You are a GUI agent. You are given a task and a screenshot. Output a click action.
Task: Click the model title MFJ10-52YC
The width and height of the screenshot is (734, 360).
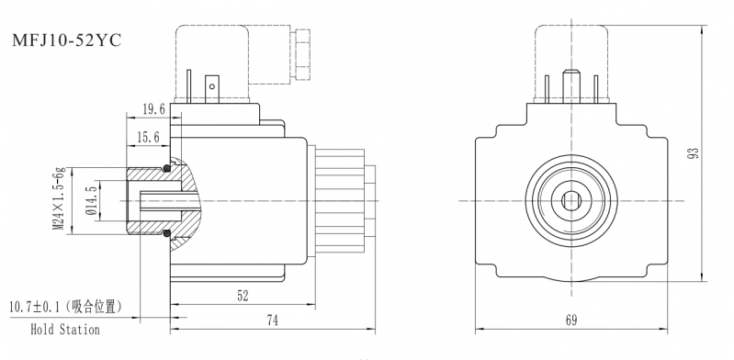[x=66, y=40]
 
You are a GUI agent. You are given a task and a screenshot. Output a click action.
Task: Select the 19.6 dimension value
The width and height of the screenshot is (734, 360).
[x=154, y=110]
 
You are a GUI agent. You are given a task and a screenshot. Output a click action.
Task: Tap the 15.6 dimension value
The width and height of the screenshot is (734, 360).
[x=148, y=138]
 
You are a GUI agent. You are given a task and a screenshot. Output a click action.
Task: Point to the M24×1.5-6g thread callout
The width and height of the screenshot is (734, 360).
[x=59, y=199]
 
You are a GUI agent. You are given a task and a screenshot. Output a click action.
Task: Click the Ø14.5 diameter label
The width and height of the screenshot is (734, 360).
[x=92, y=201]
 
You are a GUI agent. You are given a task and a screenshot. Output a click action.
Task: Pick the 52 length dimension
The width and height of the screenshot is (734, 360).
[x=243, y=296]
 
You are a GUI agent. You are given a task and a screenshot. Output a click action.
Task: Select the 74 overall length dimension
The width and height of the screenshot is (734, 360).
[x=273, y=321]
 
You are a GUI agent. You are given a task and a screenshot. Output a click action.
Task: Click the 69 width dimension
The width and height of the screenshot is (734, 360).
[x=571, y=321]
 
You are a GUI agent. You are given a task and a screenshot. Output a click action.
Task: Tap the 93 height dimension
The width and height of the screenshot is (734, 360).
[x=694, y=153]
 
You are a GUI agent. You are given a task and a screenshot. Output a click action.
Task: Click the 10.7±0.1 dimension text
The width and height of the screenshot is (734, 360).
[x=37, y=308]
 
